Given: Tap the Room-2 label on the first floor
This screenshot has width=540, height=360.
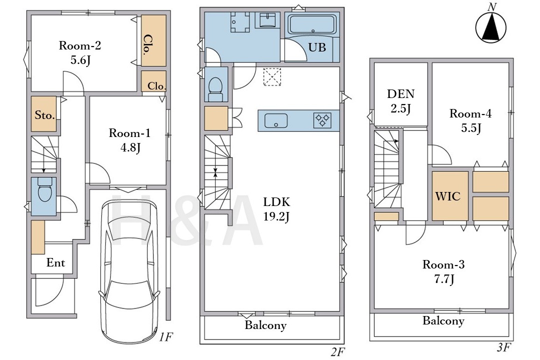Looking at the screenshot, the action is click(x=80, y=45).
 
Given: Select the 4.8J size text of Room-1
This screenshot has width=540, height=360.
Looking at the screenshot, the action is click(x=130, y=148).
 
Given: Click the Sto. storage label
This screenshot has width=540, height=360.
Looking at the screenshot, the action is click(x=44, y=115).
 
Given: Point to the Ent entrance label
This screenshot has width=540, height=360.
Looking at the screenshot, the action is click(x=55, y=263).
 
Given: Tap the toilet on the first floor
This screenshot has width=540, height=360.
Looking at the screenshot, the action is click(x=45, y=190).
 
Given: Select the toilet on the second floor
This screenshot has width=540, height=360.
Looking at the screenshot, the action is click(x=216, y=89).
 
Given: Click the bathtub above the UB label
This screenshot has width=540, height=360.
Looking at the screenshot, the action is click(x=312, y=24).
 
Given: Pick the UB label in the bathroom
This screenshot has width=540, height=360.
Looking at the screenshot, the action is click(x=317, y=47).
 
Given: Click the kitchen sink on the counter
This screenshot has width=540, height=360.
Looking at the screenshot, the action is click(x=276, y=120).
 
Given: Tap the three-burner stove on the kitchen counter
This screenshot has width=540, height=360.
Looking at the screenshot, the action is click(x=322, y=120).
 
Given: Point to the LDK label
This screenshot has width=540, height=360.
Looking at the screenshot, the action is click(x=277, y=201).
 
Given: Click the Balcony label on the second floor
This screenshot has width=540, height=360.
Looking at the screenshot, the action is click(x=266, y=325).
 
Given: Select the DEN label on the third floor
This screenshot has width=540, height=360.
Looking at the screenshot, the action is click(x=401, y=94).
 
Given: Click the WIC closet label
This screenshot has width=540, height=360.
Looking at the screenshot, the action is click(x=448, y=196).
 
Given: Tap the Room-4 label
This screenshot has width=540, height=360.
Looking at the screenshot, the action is click(x=471, y=113).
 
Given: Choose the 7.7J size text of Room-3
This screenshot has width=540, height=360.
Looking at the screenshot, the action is click(x=444, y=279).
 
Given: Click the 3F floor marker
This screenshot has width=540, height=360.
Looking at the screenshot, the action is click(x=503, y=347).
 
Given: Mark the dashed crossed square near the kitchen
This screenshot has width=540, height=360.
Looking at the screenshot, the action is click(x=272, y=76).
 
